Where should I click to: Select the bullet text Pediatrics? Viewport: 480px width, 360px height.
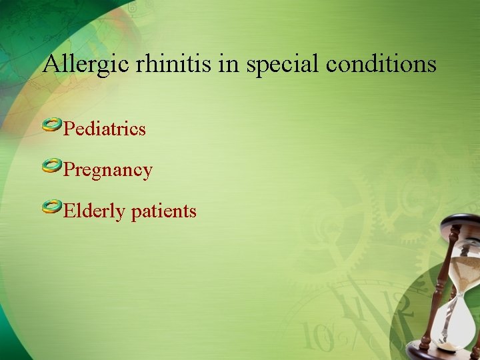104,128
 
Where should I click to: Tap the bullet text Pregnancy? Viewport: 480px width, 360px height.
107,170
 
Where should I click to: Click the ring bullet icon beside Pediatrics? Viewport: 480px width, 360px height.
52,125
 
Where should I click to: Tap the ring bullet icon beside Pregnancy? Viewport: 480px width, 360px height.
52,167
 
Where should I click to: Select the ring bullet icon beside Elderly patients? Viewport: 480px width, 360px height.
52,208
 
